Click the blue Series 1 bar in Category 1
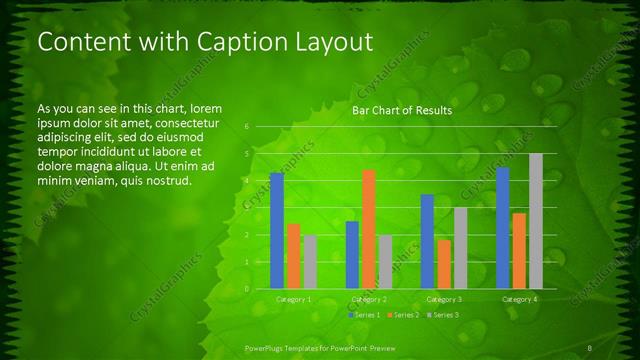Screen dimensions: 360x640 (277, 231)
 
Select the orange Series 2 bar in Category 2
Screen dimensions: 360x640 (369, 229)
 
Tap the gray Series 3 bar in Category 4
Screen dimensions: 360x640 (536, 221)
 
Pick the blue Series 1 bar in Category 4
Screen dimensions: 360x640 (503, 228)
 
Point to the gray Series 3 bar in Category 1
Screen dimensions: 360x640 (310, 262)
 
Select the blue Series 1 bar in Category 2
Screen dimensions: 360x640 (352, 255)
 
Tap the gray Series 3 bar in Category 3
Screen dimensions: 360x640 (461, 248)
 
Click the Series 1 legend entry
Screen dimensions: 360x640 (362, 315)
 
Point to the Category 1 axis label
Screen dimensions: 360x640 (293, 299)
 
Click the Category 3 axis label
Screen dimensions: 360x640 (444, 299)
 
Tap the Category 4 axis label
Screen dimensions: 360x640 (519, 299)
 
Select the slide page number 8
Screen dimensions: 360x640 (590, 347)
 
